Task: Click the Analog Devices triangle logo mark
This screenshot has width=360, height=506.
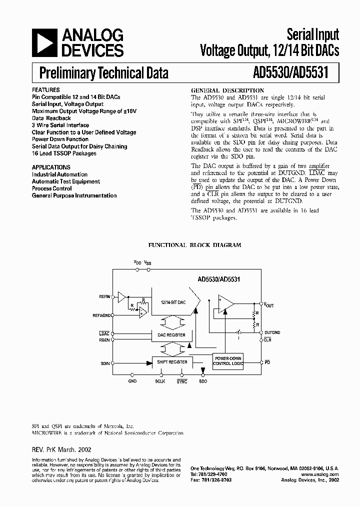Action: (x=44, y=42)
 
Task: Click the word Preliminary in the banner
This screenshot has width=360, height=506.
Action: (x=67, y=73)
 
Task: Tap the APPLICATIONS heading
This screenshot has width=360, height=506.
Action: (x=51, y=167)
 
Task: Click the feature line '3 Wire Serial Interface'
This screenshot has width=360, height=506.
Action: (x=60, y=125)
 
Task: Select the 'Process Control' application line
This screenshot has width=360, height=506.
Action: (x=52, y=188)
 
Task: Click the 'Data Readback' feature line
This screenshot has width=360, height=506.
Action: (x=51, y=118)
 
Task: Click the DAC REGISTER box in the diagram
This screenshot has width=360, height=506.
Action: (x=171, y=334)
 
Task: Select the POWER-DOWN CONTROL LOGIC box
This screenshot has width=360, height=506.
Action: (x=228, y=361)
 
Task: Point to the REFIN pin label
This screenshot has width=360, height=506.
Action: (x=104, y=297)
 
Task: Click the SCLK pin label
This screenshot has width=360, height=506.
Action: (x=160, y=381)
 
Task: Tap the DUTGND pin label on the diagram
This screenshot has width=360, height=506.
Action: (x=273, y=332)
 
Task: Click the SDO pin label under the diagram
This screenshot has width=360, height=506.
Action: (x=202, y=381)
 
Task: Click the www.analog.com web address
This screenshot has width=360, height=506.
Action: (x=320, y=474)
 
